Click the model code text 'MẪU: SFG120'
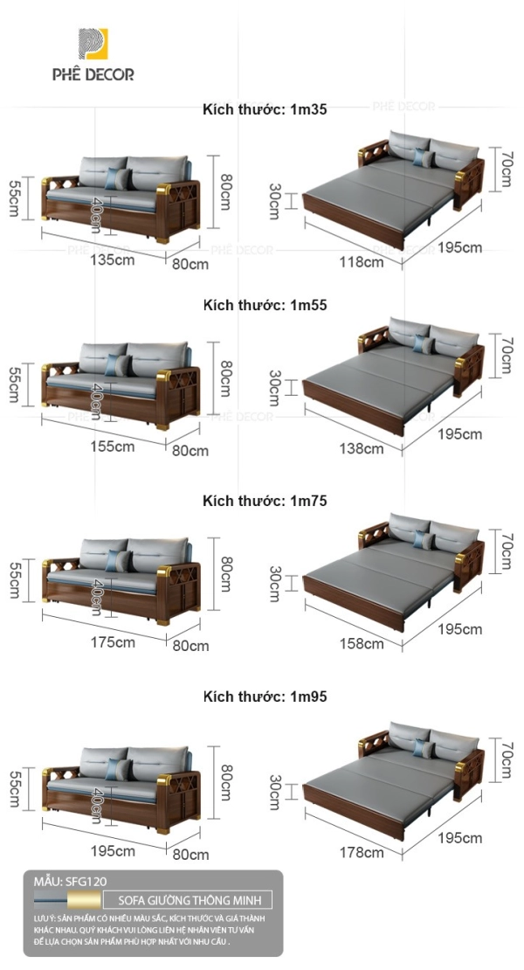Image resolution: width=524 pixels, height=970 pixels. click(x=78, y=882)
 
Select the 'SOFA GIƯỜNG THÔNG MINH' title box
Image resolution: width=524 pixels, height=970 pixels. click(x=188, y=900)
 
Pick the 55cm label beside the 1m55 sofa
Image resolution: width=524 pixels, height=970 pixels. click(x=15, y=382)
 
